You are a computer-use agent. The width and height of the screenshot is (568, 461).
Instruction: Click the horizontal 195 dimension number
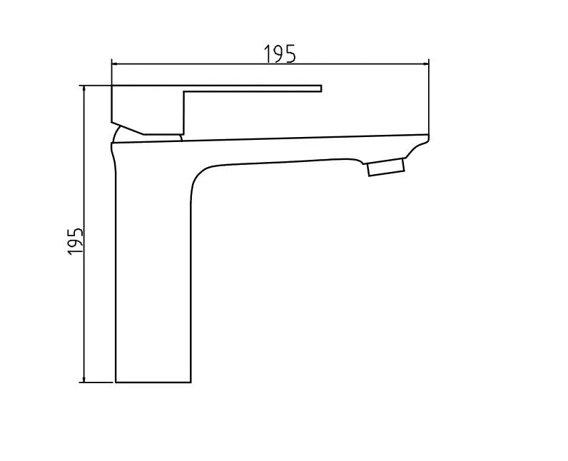280,54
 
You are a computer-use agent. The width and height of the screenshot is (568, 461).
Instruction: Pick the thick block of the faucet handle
148,107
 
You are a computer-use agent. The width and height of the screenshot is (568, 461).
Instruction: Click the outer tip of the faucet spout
426,137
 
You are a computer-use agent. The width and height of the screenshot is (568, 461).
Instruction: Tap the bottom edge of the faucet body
153,382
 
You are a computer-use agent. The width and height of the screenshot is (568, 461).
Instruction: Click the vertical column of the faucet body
153,285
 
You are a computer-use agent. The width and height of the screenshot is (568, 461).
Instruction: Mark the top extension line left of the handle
97,85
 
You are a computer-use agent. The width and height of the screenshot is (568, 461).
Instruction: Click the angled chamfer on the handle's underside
128,127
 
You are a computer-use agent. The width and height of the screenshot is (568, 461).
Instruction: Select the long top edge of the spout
285,138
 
